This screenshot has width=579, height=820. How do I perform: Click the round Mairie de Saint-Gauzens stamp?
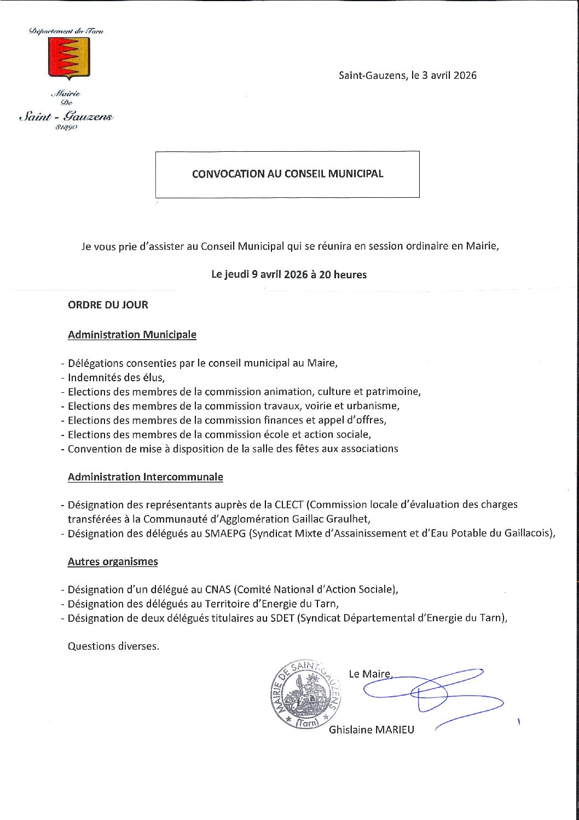[306, 694]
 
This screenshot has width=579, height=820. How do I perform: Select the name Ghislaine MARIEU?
[371, 730]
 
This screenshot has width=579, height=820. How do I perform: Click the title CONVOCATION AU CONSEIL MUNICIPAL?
[287, 174]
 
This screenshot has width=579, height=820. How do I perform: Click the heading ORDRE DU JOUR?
[108, 305]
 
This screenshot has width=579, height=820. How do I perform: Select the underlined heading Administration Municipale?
[132, 335]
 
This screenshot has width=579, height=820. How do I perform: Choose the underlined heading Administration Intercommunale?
[145, 477]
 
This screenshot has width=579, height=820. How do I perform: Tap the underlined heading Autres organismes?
[113, 561]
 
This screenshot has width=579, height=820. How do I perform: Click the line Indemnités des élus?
[116, 377]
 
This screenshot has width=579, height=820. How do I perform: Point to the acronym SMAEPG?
[225, 533]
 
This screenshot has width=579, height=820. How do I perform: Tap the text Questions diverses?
[113, 646]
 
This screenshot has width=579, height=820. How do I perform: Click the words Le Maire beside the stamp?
[369, 674]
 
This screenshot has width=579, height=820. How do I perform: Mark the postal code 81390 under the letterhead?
[67, 128]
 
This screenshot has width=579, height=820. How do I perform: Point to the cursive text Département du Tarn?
[67, 31]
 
